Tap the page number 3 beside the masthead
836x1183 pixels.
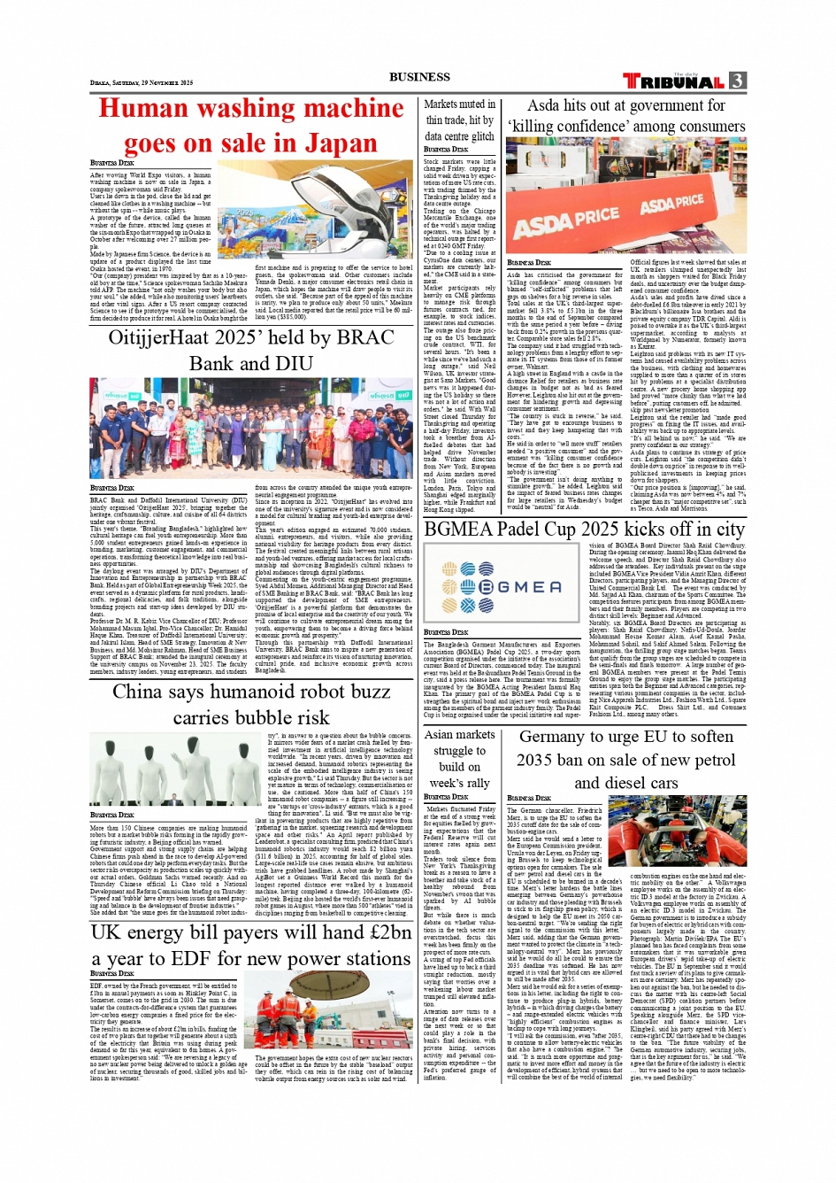[737, 81]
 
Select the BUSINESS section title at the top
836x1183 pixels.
[419, 77]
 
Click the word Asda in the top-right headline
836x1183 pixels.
[544, 105]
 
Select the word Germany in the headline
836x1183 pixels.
[553, 737]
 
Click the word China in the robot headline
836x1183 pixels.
[138, 692]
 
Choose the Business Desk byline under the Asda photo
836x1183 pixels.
[529, 263]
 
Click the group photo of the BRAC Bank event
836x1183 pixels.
[251, 428]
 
